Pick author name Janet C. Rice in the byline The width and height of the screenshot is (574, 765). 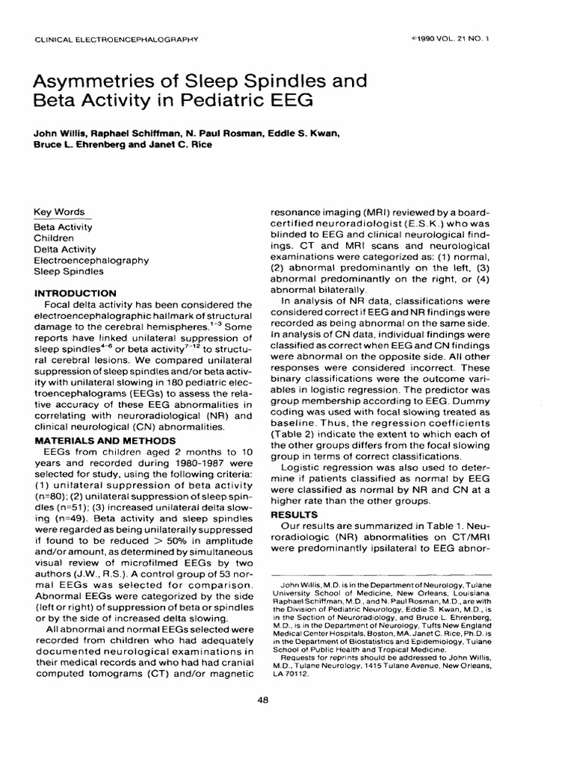coord(180,144)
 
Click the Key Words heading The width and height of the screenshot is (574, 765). coord(59,211)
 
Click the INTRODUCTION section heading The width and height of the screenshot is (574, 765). coord(75,293)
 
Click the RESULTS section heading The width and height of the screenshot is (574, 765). coord(294,515)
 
